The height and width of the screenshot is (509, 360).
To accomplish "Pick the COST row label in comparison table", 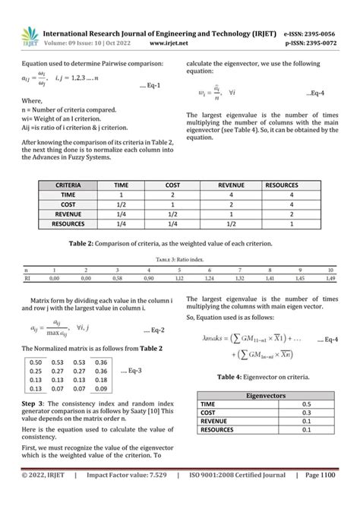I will point(68,204).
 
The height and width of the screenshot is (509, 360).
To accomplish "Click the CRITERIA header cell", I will point(68,185).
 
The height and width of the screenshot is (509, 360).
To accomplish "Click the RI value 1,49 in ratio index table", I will point(329,279).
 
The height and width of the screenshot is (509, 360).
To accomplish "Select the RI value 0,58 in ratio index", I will point(116,279).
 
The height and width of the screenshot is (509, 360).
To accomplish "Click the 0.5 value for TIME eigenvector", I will point(306,404).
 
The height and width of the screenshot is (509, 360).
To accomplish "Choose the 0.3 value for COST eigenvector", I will point(306,413).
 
